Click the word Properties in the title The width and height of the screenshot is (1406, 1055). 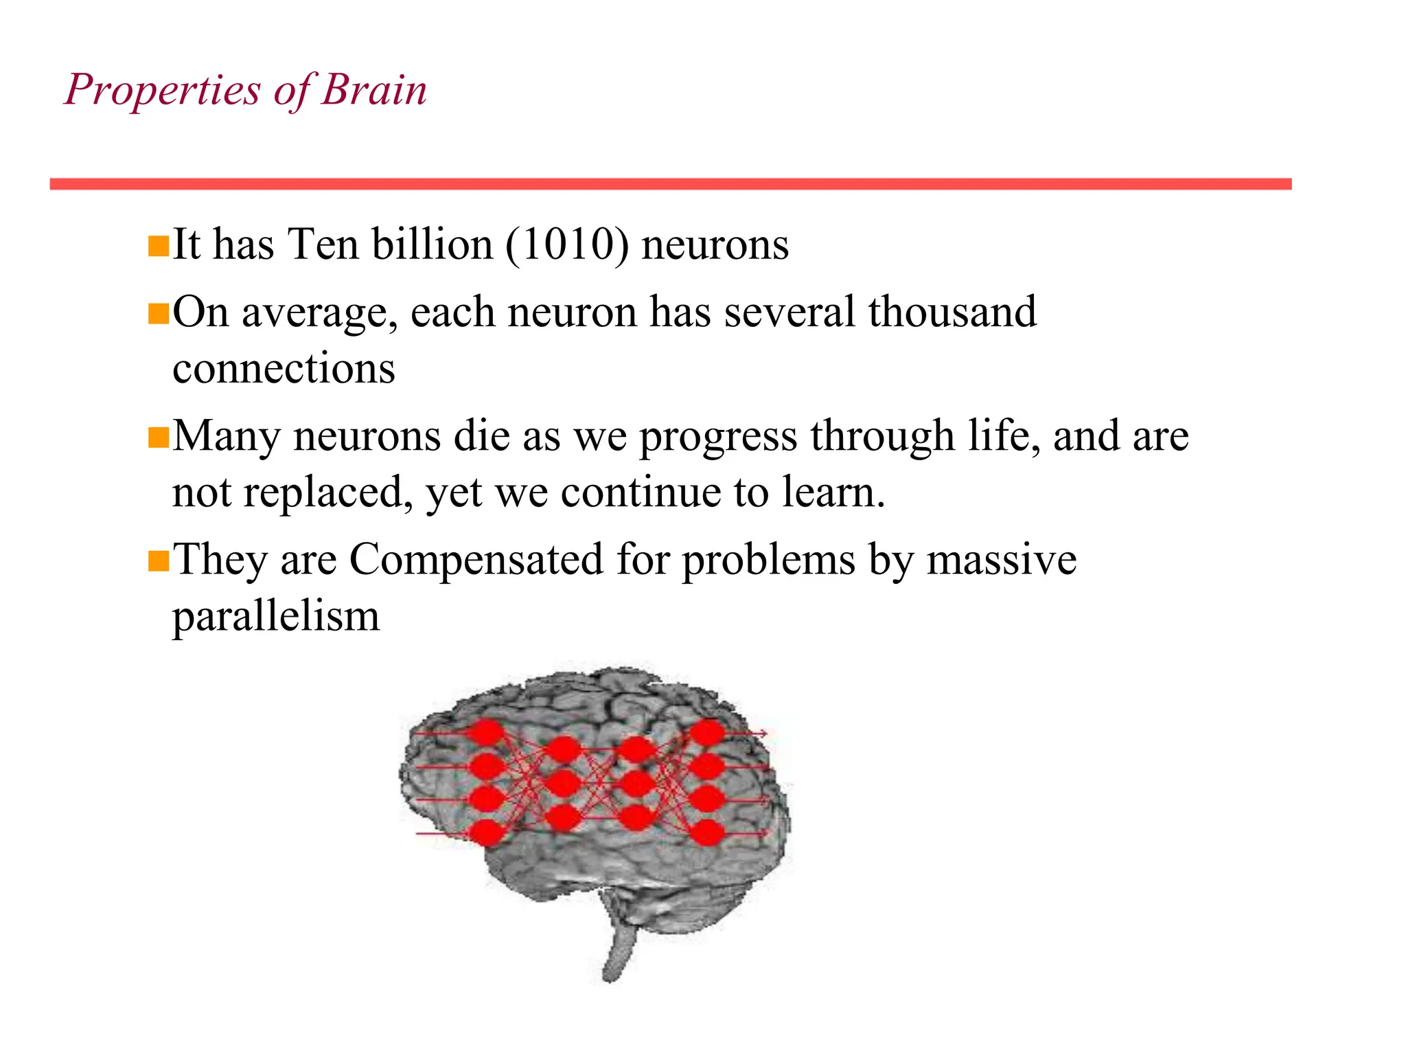pyautogui.click(x=163, y=91)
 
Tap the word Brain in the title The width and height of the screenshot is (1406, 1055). pyautogui.click(x=374, y=89)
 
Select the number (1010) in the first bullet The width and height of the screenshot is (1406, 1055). pyautogui.click(x=567, y=245)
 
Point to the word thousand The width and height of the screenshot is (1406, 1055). pyautogui.click(x=952, y=312)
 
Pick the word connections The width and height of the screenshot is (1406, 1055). pyautogui.click(x=284, y=369)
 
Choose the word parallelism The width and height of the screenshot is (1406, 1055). pyautogui.click(x=275, y=616)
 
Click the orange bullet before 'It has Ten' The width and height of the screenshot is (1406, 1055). pyautogui.click(x=159, y=246)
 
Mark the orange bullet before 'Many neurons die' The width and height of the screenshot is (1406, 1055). pyautogui.click(x=159, y=437)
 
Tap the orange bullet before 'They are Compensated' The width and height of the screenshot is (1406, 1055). pyautogui.click(x=159, y=560)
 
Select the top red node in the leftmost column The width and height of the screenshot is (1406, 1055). pyautogui.click(x=486, y=732)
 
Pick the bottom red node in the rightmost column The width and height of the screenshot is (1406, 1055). pyautogui.click(x=707, y=832)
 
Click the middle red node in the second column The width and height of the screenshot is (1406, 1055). pyautogui.click(x=563, y=782)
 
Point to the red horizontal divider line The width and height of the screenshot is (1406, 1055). pyautogui.click(x=670, y=184)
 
